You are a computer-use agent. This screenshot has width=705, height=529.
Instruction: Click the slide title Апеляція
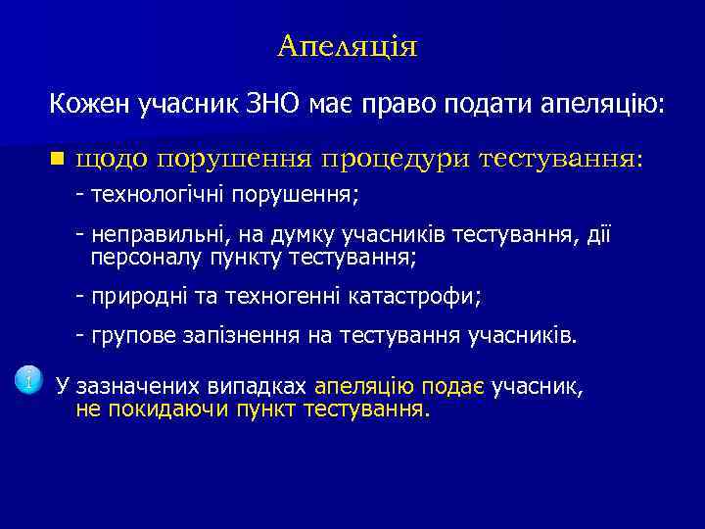click(347, 46)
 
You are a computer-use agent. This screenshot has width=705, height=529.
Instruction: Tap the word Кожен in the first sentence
click(88, 102)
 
